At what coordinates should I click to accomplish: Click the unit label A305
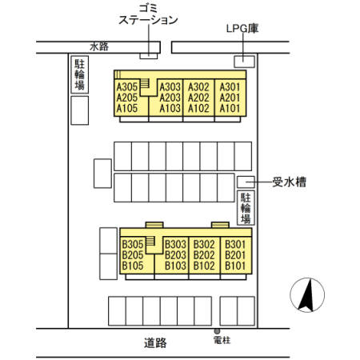coord(128,86)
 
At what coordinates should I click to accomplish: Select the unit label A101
coord(230,108)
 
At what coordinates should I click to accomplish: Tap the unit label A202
coord(198,98)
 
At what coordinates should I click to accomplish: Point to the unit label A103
coord(170,108)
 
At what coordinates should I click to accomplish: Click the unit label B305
coord(133,244)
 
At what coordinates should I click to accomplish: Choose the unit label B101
coord(234,266)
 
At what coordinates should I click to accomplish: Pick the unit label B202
coord(204,255)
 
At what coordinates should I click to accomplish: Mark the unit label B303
coord(175,244)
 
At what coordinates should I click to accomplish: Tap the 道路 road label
coord(156,342)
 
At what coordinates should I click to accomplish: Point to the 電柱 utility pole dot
coord(217,330)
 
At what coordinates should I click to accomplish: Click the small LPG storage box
coord(243,61)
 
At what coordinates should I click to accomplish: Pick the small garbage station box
coord(149,55)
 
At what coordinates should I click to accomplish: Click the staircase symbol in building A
coord(146,84)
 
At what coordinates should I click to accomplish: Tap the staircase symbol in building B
coord(150,242)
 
